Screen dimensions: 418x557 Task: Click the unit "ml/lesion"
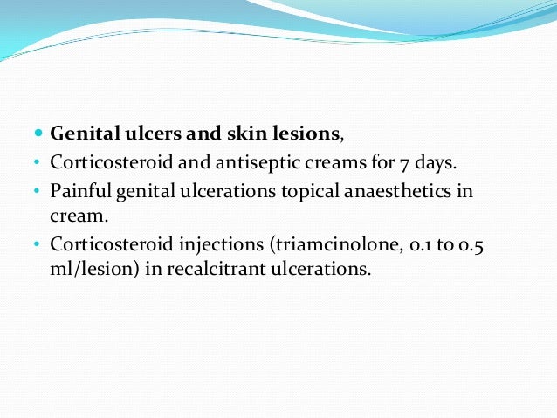91,269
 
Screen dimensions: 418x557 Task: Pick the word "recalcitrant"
203,269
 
